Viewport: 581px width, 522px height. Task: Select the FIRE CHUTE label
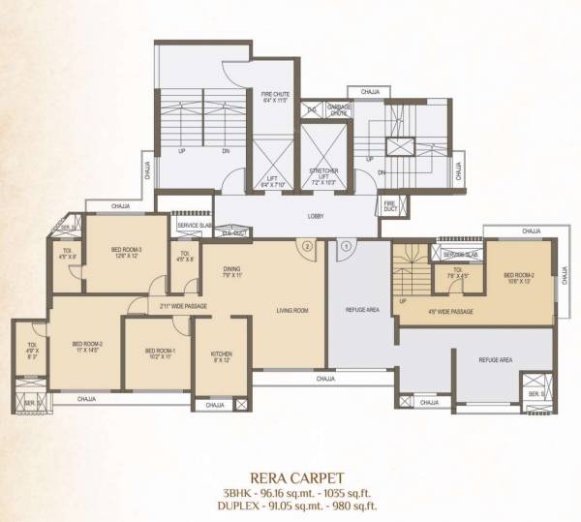pos(276,96)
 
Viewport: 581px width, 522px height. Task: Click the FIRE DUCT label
pos(389,205)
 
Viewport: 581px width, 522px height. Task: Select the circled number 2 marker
pos(306,246)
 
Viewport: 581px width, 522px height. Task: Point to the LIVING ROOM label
pos(291,310)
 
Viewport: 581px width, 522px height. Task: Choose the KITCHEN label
pos(222,355)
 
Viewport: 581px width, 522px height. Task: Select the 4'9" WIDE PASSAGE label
pos(450,311)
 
